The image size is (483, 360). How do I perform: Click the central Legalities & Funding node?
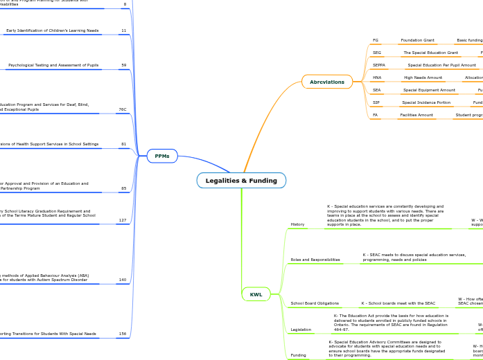coord(241,181)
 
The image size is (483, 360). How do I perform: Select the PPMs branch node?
coord(162,156)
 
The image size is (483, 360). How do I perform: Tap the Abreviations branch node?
coord(327,82)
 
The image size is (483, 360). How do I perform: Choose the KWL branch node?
coord(256,294)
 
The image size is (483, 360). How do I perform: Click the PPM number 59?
coord(123,65)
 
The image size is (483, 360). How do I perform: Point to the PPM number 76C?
coord(123,109)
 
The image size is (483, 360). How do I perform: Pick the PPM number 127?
coord(123,220)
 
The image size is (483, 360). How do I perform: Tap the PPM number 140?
coord(123,280)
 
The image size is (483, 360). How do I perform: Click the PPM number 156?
coord(123,334)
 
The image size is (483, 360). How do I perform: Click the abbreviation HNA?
coord(377,78)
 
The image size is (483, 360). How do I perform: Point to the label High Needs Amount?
coord(423,78)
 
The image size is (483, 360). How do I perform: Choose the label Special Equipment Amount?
coord(429,90)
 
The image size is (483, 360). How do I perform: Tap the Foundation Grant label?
coord(417,40)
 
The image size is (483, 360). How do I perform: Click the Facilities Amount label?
coord(417,115)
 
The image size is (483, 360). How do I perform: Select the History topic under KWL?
coord(297,224)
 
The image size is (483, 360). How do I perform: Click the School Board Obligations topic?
coord(315,303)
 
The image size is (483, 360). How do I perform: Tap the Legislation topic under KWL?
coord(301,330)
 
